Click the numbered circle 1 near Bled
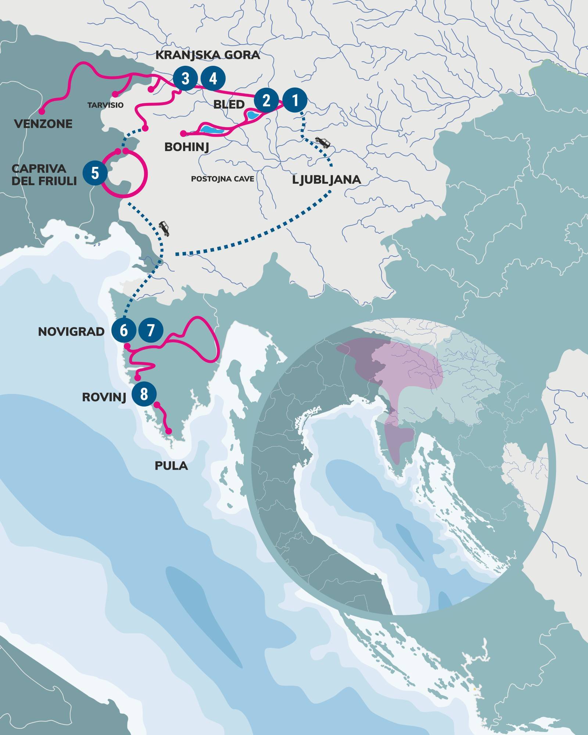click(x=294, y=99)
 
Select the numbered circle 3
click(x=185, y=79)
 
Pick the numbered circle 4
click(x=213, y=79)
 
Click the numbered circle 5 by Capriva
click(x=95, y=173)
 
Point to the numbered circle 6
click(x=123, y=331)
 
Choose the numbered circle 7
click(x=151, y=331)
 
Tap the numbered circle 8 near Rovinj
click(x=144, y=394)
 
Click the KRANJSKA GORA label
click(x=208, y=55)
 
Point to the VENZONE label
click(x=43, y=123)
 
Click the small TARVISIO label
click(x=105, y=105)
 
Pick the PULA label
click(x=171, y=466)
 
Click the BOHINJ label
click(x=187, y=147)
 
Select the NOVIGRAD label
click(x=72, y=332)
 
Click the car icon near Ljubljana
click(x=323, y=142)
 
